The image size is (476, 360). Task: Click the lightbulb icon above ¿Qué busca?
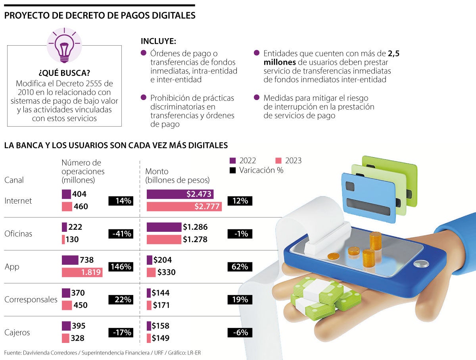tap(64, 46)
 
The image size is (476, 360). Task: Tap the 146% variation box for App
tap(121, 267)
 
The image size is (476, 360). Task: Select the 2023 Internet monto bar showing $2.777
tap(184, 206)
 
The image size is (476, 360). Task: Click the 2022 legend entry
tap(243, 161)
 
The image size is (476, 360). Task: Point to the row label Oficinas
tap(18, 234)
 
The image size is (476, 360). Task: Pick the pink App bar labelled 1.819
tap(82, 273)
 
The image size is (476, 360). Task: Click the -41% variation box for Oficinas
tap(121, 234)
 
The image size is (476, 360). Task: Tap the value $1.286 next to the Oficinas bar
tap(195, 227)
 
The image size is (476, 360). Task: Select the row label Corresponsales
tap(31, 300)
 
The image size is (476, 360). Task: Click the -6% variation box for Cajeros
tap(240, 333)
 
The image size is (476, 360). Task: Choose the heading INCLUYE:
tap(158, 41)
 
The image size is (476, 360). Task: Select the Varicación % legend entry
tap(256, 170)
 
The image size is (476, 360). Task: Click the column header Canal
tap(14, 180)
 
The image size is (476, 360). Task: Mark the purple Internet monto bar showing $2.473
tap(180, 194)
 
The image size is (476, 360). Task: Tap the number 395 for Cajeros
tap(79, 326)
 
